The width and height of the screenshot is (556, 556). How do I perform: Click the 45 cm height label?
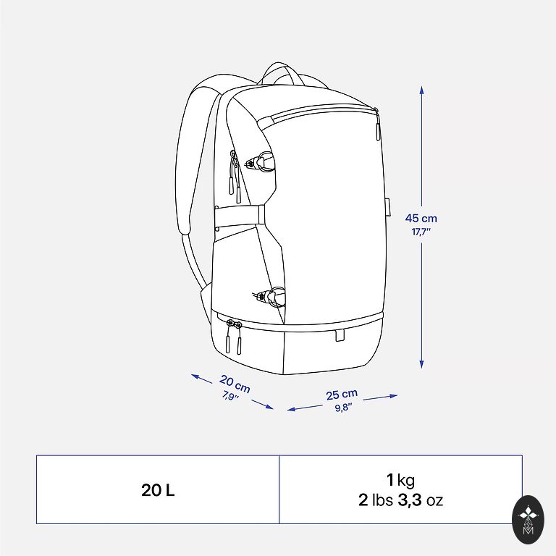(x=421, y=219)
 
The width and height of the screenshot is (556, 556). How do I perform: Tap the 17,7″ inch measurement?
(x=421, y=232)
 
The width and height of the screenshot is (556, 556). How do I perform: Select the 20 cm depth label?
(x=235, y=384)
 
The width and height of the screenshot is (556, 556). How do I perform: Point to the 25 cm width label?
(x=342, y=395)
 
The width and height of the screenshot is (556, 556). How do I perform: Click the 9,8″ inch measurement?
(x=344, y=407)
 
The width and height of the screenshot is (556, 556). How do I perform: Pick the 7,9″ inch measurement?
(x=230, y=395)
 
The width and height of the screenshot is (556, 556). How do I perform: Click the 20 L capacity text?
(x=158, y=490)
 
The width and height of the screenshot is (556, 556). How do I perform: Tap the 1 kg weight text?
(x=400, y=480)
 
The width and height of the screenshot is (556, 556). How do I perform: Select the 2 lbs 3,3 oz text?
(x=400, y=500)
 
